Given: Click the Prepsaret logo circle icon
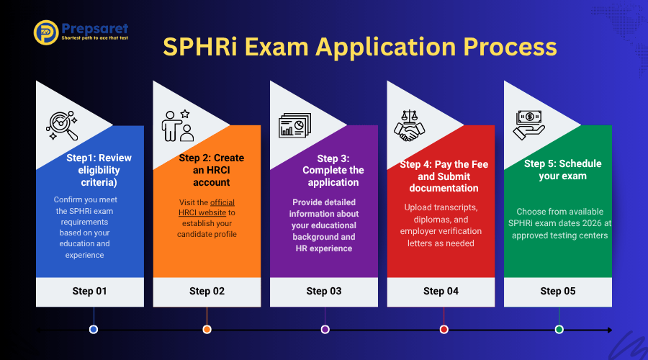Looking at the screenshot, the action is click(x=46, y=32).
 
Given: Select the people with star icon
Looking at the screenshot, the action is click(x=178, y=126).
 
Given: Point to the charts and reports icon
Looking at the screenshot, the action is click(x=294, y=125).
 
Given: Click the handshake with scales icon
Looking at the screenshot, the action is click(x=409, y=126).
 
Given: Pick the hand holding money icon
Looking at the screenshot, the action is click(x=528, y=125).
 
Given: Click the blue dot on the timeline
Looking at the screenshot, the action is click(x=94, y=330).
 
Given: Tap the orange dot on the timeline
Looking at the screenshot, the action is click(x=207, y=330).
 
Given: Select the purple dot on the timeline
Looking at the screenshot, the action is click(x=325, y=330).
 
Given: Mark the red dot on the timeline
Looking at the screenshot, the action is click(x=444, y=330).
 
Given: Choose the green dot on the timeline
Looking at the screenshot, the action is click(x=559, y=330).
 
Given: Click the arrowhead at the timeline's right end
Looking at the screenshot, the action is click(x=610, y=330).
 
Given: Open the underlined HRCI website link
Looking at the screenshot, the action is click(x=207, y=207).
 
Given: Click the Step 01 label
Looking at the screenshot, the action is click(x=90, y=291).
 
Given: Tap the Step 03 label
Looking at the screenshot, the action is click(x=324, y=291).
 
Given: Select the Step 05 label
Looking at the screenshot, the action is click(x=558, y=291).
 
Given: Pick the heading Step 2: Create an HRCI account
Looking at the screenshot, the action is click(x=211, y=170).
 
